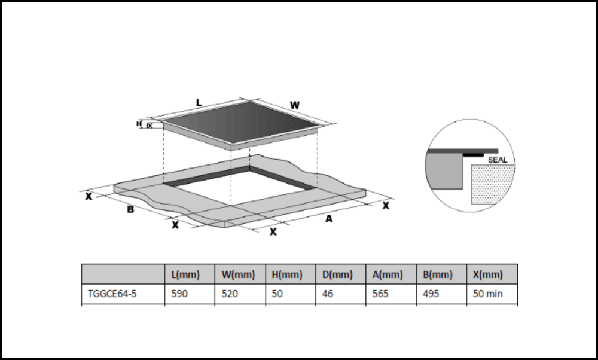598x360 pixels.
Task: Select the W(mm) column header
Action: click(x=238, y=275)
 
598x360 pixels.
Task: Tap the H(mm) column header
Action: click(x=288, y=275)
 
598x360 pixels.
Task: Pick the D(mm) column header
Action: click(x=338, y=275)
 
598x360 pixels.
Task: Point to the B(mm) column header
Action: click(x=437, y=275)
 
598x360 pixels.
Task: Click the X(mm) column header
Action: click(x=487, y=275)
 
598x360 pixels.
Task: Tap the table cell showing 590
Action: click(x=179, y=295)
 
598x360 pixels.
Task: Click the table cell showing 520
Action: click(x=230, y=295)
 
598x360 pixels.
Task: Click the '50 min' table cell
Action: click(x=487, y=295)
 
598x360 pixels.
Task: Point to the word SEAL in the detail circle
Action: click(x=498, y=160)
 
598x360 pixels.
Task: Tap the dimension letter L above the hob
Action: click(x=199, y=103)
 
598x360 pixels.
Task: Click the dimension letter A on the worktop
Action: click(x=328, y=219)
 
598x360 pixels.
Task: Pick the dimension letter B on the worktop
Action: click(x=130, y=210)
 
